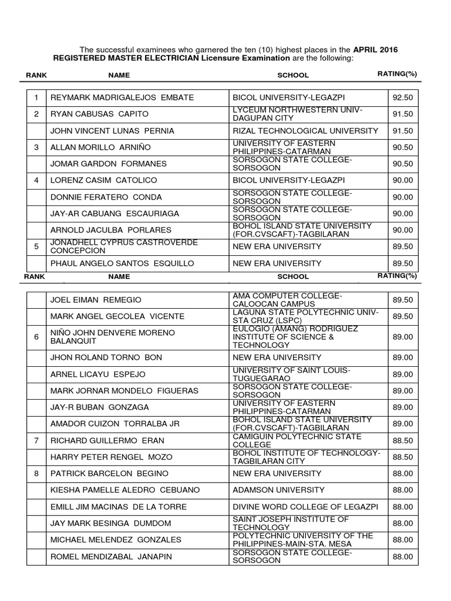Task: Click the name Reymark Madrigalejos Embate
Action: (x=122, y=97)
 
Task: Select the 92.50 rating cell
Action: (x=403, y=97)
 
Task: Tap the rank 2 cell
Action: (x=36, y=113)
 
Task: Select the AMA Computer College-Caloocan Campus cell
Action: (x=287, y=299)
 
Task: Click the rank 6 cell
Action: (x=36, y=337)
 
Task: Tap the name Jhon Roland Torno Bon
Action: (x=103, y=357)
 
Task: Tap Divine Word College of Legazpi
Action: (x=301, y=507)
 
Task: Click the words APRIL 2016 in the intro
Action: (x=375, y=50)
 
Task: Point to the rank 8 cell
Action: (x=36, y=473)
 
